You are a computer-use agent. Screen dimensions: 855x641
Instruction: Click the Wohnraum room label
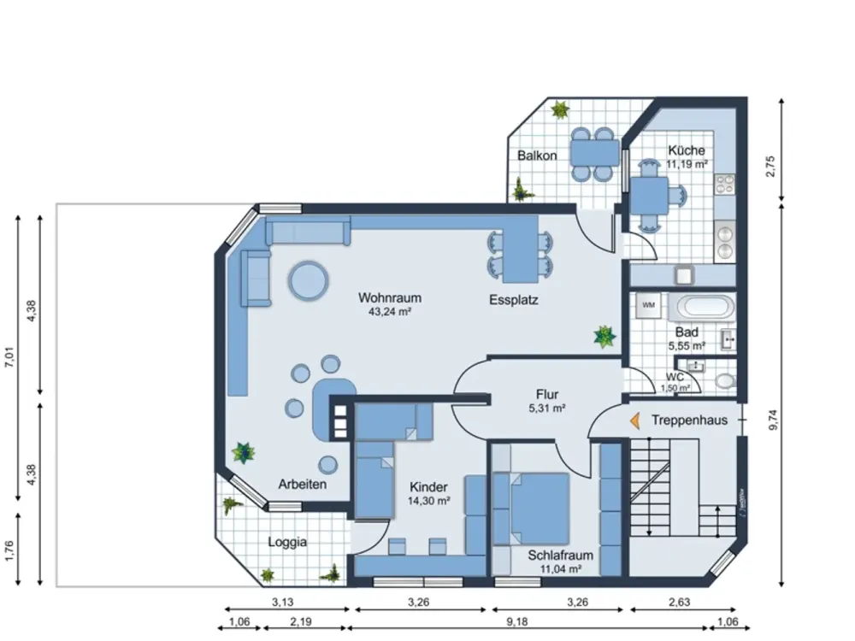click(x=389, y=298)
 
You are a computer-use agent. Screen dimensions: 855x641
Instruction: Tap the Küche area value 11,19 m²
click(x=687, y=163)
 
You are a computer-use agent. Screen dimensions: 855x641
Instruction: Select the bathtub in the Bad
click(x=701, y=307)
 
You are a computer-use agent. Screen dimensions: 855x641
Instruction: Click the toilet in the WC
click(x=724, y=380)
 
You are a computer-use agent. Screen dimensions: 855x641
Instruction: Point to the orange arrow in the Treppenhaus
click(x=634, y=420)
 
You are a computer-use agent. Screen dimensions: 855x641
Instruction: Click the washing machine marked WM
click(x=648, y=306)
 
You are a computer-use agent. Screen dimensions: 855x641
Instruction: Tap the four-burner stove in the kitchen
click(x=725, y=185)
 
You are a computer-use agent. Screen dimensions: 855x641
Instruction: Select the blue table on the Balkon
click(x=595, y=153)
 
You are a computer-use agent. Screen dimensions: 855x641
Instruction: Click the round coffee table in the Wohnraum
click(x=308, y=281)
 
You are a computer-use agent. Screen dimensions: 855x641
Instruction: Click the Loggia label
click(x=286, y=543)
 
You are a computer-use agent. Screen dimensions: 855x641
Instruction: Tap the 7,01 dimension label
click(x=9, y=357)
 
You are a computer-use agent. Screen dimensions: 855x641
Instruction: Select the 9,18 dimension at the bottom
click(x=516, y=622)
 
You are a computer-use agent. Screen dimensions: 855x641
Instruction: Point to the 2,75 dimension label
click(x=770, y=167)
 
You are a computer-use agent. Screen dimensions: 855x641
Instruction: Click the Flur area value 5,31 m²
click(x=547, y=408)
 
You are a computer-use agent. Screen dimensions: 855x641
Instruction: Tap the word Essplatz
click(x=514, y=300)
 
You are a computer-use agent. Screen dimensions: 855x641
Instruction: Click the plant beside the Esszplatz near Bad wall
click(x=604, y=336)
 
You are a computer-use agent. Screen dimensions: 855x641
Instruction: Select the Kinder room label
click(x=428, y=487)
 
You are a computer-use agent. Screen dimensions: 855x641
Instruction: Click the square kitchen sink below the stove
click(x=684, y=275)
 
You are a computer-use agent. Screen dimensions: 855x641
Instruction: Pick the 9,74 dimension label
click(x=773, y=420)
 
